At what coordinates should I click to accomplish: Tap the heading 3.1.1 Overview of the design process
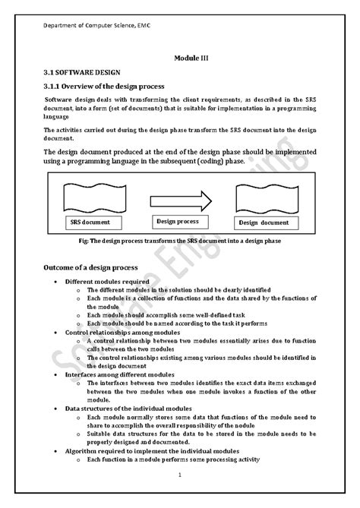tap(110, 86)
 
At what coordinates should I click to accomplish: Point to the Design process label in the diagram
tap(178, 222)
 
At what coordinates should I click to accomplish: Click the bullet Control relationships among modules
tap(122, 333)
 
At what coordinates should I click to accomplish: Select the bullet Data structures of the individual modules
tap(131, 409)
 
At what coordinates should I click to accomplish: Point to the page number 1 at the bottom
tap(179, 476)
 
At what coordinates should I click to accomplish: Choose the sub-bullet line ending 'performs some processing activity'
tap(173, 459)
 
